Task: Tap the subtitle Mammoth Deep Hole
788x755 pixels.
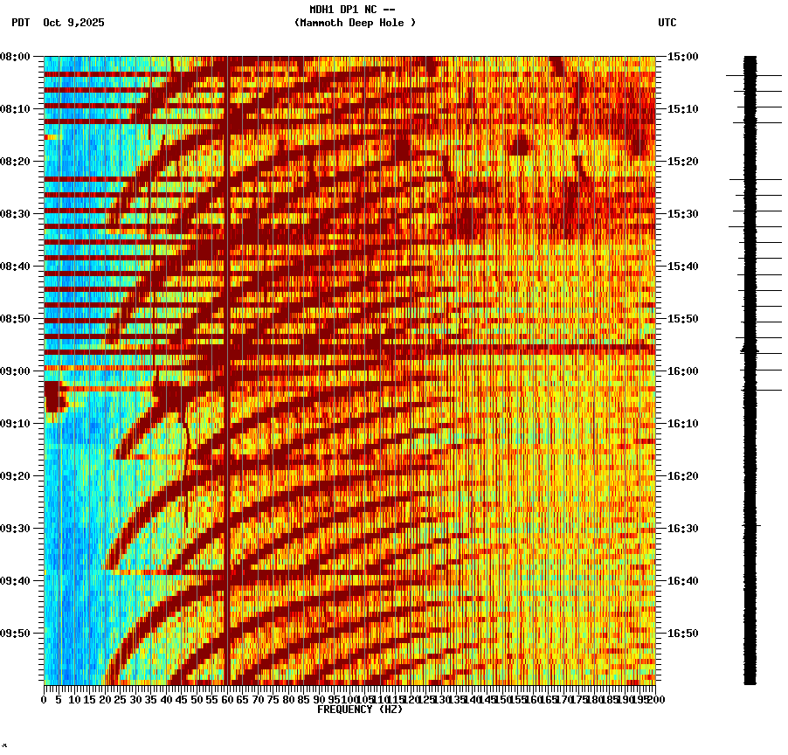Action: click(355, 23)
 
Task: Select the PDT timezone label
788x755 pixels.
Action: click(20, 23)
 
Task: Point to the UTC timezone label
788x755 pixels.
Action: click(667, 23)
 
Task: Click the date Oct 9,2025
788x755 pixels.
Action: click(73, 23)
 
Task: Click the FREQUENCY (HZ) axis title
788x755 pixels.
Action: click(359, 710)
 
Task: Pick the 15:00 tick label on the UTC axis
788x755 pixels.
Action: click(681, 57)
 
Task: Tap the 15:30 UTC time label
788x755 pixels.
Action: click(681, 214)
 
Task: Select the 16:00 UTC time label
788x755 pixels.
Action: click(681, 371)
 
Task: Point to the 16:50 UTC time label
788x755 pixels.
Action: click(681, 634)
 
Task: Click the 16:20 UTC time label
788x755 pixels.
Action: click(681, 476)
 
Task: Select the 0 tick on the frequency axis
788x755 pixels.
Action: click(45, 700)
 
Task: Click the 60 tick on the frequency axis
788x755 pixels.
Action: click(228, 700)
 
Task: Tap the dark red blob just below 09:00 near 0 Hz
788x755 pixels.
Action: click(55, 396)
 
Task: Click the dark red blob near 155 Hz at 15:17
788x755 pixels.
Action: click(519, 145)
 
